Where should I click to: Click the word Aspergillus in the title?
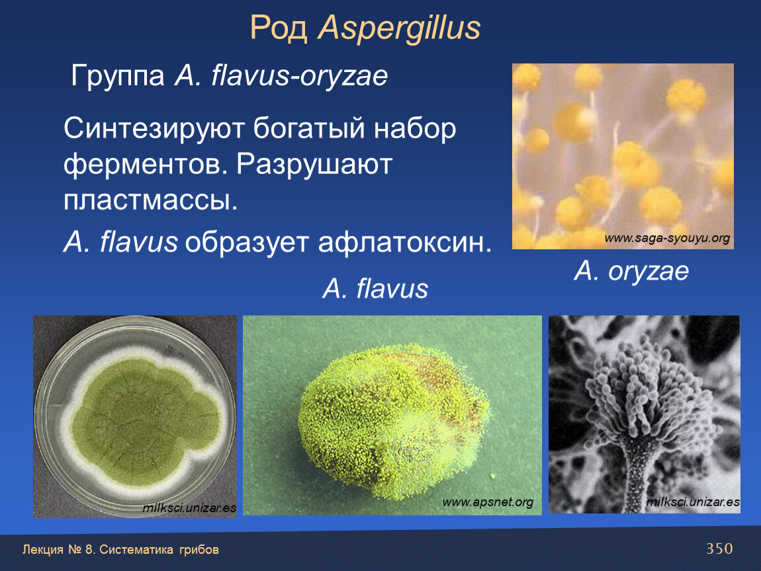click(399, 28)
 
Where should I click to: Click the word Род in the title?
click(279, 28)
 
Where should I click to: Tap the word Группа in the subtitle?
click(118, 77)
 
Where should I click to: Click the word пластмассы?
click(150, 200)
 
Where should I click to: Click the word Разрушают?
click(314, 165)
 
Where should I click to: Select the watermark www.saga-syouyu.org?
click(667, 238)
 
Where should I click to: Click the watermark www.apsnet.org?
click(488, 502)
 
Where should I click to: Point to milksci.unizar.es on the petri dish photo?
click(189, 508)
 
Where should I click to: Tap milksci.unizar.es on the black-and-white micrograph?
click(693, 502)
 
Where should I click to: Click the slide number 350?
click(719, 549)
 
